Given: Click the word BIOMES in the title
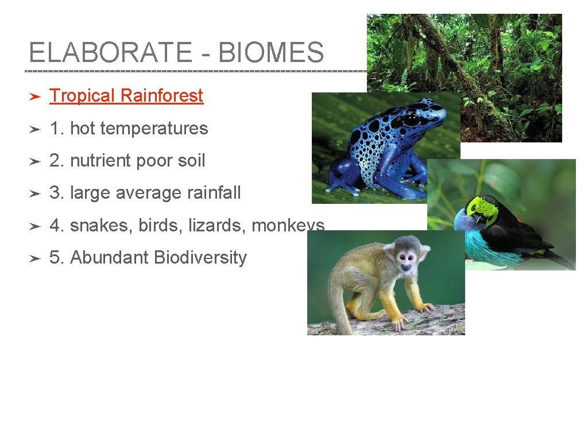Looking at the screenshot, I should [x=271, y=53].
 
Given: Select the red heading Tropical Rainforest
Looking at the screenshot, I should [x=126, y=96].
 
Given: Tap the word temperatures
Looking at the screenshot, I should [x=154, y=129].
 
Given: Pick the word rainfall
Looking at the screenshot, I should [x=214, y=193].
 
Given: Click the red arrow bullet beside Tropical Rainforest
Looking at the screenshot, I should [x=34, y=96].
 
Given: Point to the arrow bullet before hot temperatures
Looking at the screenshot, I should [x=34, y=129].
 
